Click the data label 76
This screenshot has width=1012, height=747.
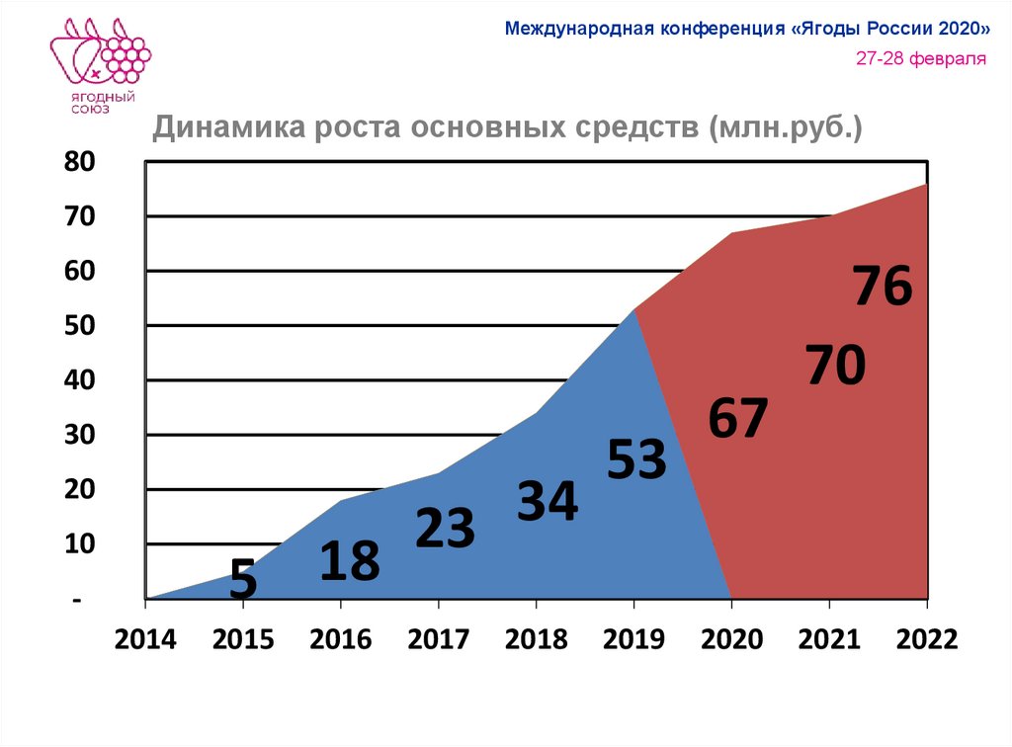point(883,287)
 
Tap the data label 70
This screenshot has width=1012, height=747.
point(835,366)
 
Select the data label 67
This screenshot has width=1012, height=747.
point(737,419)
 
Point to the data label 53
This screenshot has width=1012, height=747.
point(637,459)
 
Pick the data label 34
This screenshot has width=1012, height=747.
point(547,502)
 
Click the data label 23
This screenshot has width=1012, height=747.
point(445,529)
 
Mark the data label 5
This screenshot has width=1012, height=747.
point(243,580)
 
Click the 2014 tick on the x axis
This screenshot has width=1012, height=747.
point(145,639)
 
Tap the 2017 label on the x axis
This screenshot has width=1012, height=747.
point(438,639)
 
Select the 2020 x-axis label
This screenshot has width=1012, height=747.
point(731,639)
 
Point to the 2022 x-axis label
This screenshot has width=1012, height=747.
point(927,639)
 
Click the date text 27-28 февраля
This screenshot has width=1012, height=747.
point(921,58)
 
